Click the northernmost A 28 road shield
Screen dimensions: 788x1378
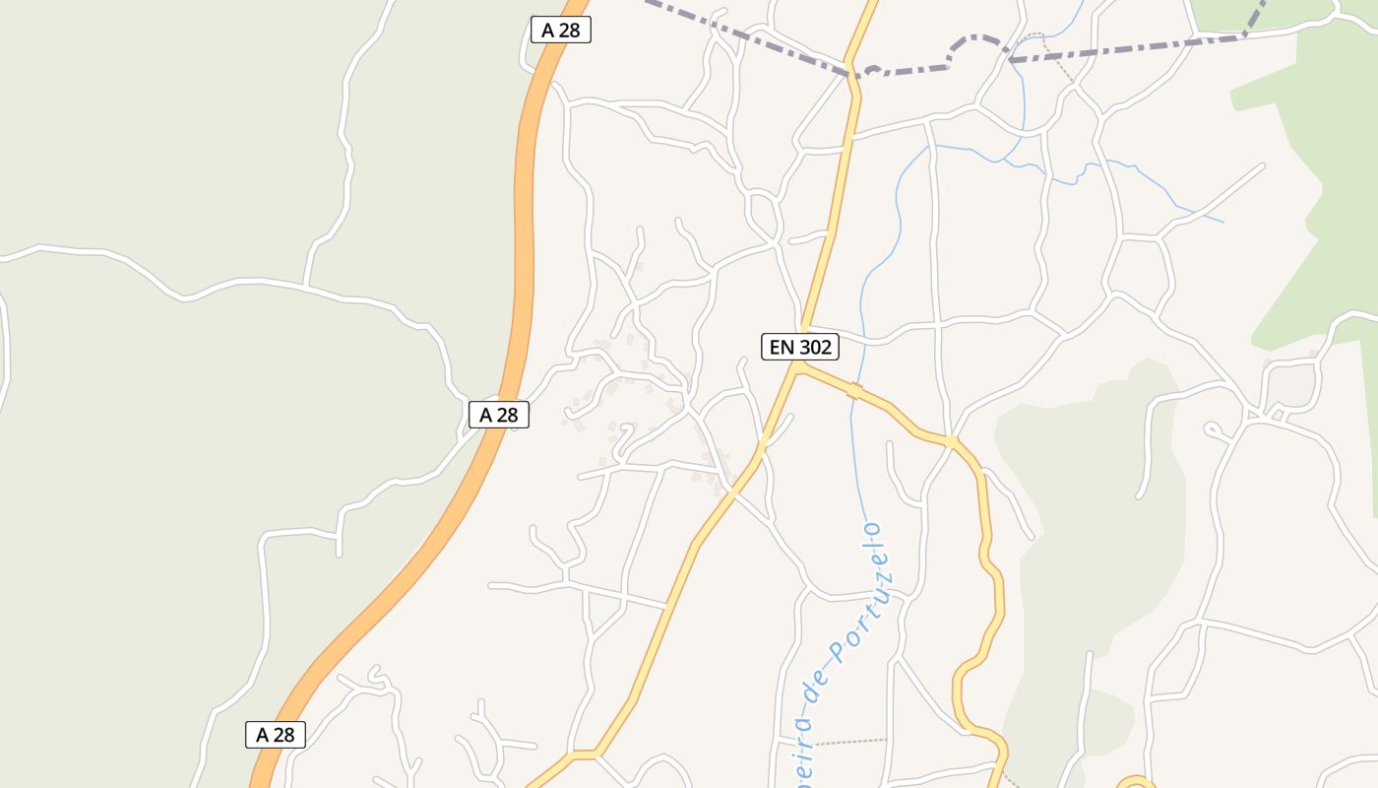pos(561,30)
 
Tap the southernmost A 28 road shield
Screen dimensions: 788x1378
pos(276,735)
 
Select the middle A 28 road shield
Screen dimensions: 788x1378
pos(499,415)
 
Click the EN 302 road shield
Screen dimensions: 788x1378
pos(800,347)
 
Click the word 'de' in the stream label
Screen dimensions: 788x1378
pos(817,684)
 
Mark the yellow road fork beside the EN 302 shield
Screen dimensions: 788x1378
pos(799,366)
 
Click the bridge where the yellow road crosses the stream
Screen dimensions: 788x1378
pos(855,392)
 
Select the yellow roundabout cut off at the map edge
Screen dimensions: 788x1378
pos(1135,783)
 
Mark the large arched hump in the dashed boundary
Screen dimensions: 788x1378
pos(977,42)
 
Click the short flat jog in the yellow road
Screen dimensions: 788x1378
pos(583,755)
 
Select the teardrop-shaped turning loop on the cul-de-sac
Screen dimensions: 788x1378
pos(1213,429)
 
